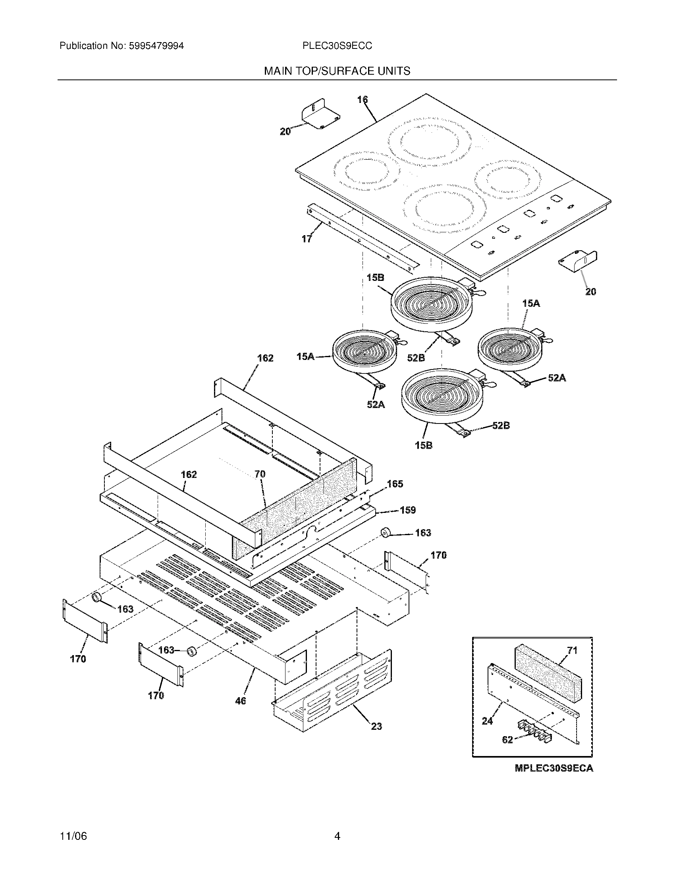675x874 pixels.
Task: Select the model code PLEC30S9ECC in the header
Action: (x=337, y=46)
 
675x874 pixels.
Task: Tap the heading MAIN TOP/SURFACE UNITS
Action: (x=337, y=71)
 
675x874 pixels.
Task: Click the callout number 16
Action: (x=362, y=100)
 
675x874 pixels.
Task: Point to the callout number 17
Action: (x=307, y=239)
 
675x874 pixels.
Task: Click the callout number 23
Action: (x=377, y=726)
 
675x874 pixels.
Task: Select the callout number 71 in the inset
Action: (x=573, y=650)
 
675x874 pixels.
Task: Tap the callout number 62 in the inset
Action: (x=507, y=740)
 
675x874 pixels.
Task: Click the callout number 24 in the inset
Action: (x=487, y=721)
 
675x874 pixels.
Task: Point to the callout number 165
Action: (x=395, y=484)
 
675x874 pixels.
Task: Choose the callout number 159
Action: (x=408, y=510)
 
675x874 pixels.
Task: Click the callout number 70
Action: (x=260, y=474)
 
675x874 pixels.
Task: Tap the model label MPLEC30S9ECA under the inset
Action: (x=554, y=768)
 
